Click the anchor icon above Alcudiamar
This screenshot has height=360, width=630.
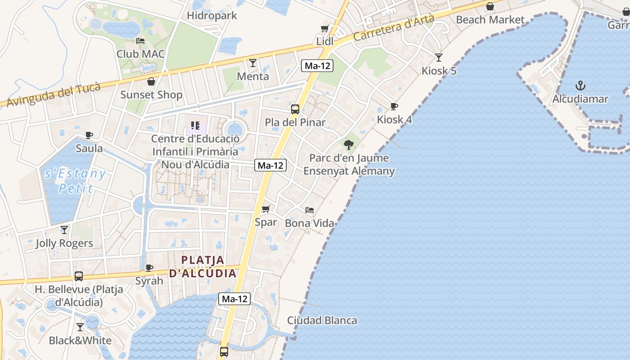coord(580,85)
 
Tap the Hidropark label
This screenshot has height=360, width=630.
coord(211,16)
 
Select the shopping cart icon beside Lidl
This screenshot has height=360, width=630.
coord(324,29)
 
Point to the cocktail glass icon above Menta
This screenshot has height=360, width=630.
coord(253,63)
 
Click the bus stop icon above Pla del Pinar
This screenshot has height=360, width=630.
coord(295,109)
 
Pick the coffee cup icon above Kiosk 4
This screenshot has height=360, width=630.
coord(394,107)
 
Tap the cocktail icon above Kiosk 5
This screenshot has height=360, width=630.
coord(439,58)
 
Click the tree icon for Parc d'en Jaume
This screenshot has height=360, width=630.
coord(348,144)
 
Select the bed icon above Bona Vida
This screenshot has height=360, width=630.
coord(310,210)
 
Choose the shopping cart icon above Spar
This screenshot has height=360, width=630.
coord(265,209)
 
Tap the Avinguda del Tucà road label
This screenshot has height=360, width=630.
coord(53,95)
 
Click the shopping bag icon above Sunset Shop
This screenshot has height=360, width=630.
coord(151,81)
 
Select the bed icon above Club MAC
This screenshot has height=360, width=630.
coord(140,41)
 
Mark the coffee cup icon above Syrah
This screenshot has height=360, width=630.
coord(149,268)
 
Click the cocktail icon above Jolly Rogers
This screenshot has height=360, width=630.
coord(64,230)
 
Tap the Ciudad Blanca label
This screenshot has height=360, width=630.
coord(322,320)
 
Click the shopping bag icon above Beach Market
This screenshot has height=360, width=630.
coord(490,6)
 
